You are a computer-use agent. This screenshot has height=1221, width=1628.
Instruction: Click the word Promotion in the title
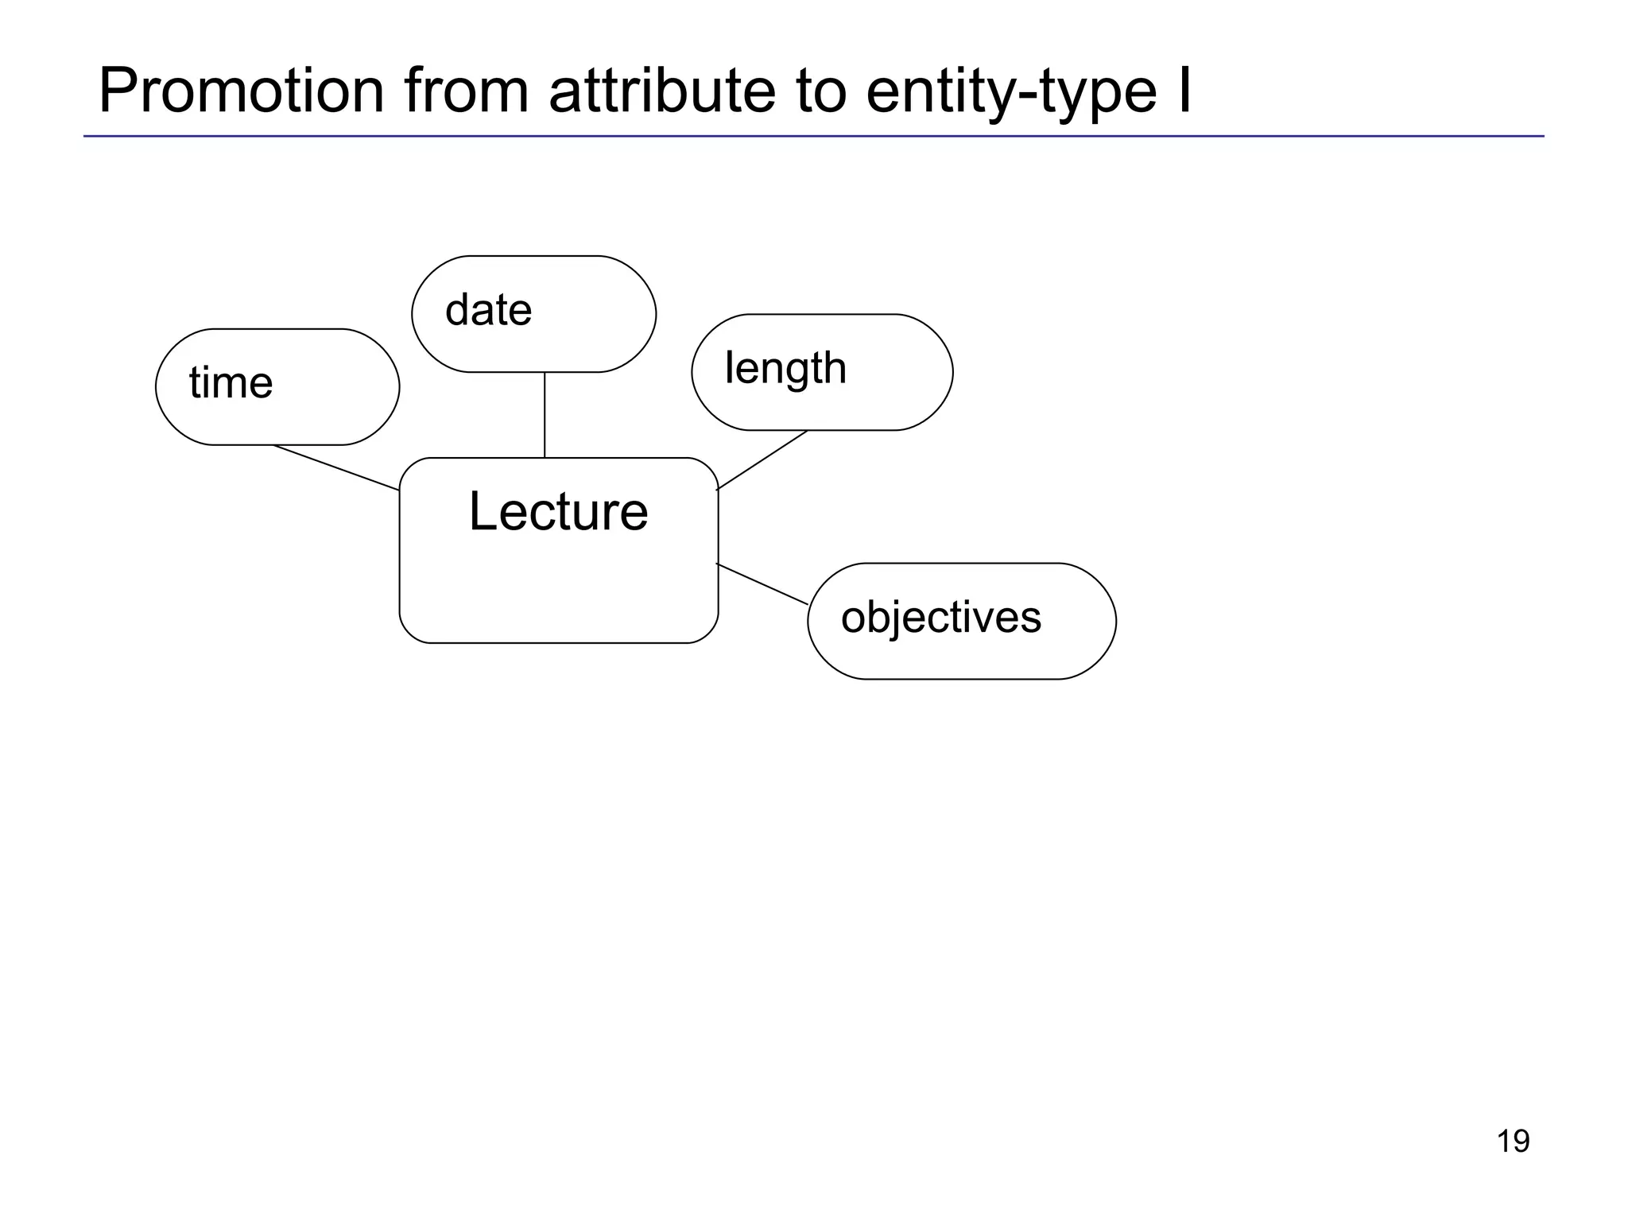(242, 91)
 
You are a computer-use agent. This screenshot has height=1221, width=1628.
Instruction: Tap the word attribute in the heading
(661, 91)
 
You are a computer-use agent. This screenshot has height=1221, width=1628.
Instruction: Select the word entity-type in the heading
(1010, 92)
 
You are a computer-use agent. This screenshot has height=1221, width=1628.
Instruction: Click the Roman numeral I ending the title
(1184, 91)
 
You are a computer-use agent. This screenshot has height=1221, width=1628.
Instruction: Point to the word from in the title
(467, 91)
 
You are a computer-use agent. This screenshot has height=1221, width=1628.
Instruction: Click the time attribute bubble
(277, 387)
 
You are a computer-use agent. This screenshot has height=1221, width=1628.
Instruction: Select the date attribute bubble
(533, 314)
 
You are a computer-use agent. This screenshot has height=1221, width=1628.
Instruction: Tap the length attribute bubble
(822, 372)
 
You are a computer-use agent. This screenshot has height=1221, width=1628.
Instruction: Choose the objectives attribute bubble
(961, 621)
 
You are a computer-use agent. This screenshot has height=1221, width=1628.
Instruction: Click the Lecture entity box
(558, 588)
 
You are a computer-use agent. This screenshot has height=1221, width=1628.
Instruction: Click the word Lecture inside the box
(558, 511)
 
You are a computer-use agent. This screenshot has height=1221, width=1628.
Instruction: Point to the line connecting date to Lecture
(545, 415)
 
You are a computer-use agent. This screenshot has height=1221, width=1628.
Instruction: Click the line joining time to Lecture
(336, 467)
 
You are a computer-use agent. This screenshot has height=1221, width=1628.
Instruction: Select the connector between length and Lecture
(762, 459)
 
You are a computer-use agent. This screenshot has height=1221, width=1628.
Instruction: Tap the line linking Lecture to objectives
(762, 584)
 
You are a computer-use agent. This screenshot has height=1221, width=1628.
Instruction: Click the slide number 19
(1513, 1142)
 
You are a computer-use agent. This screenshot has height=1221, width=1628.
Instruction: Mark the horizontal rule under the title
(813, 137)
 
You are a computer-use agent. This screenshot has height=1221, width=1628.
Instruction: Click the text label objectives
(940, 618)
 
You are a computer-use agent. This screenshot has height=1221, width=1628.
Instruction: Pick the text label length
(785, 369)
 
